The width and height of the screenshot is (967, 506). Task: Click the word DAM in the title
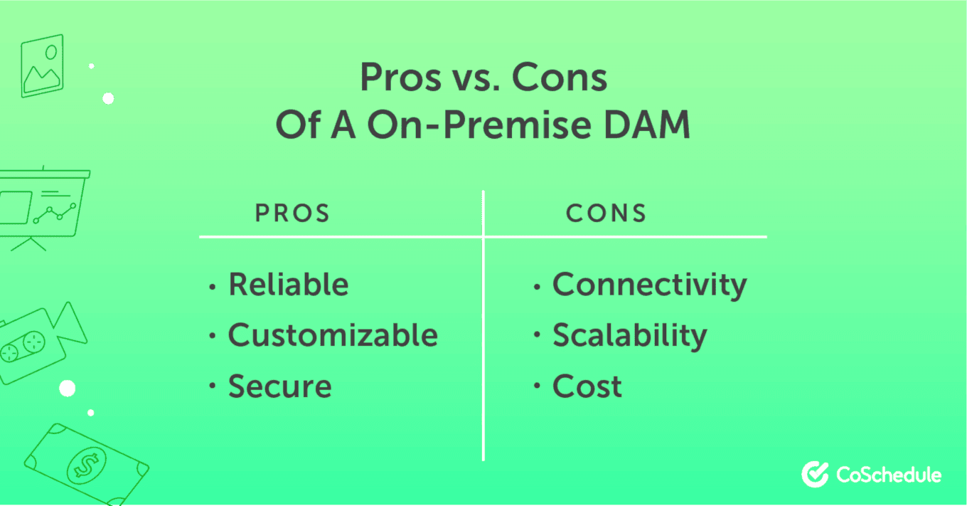coord(647,125)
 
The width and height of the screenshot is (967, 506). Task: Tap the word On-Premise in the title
coord(479,125)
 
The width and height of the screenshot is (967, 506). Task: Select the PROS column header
coord(293,213)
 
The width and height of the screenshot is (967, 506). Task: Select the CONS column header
coord(606,213)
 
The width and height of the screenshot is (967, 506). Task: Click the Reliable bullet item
coord(289,285)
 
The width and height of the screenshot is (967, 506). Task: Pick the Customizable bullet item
coord(333,335)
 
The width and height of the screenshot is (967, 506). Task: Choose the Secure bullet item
coord(279,386)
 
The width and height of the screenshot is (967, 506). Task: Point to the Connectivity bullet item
coord(650,285)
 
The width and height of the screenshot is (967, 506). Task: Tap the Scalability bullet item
coord(630,336)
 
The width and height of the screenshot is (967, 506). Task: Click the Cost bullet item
coord(587,386)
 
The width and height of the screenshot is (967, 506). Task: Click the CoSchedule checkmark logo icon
coord(815,474)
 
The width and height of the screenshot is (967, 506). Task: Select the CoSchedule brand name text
coord(889,475)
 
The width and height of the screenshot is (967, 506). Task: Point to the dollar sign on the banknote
coord(86,466)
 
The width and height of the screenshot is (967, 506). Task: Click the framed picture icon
coord(43,65)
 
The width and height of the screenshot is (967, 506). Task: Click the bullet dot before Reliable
coord(212,286)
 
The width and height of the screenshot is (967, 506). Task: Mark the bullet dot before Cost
coord(537,385)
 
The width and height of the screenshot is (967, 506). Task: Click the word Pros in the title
coord(400,78)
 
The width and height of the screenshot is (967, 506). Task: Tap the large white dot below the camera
coord(68,389)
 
